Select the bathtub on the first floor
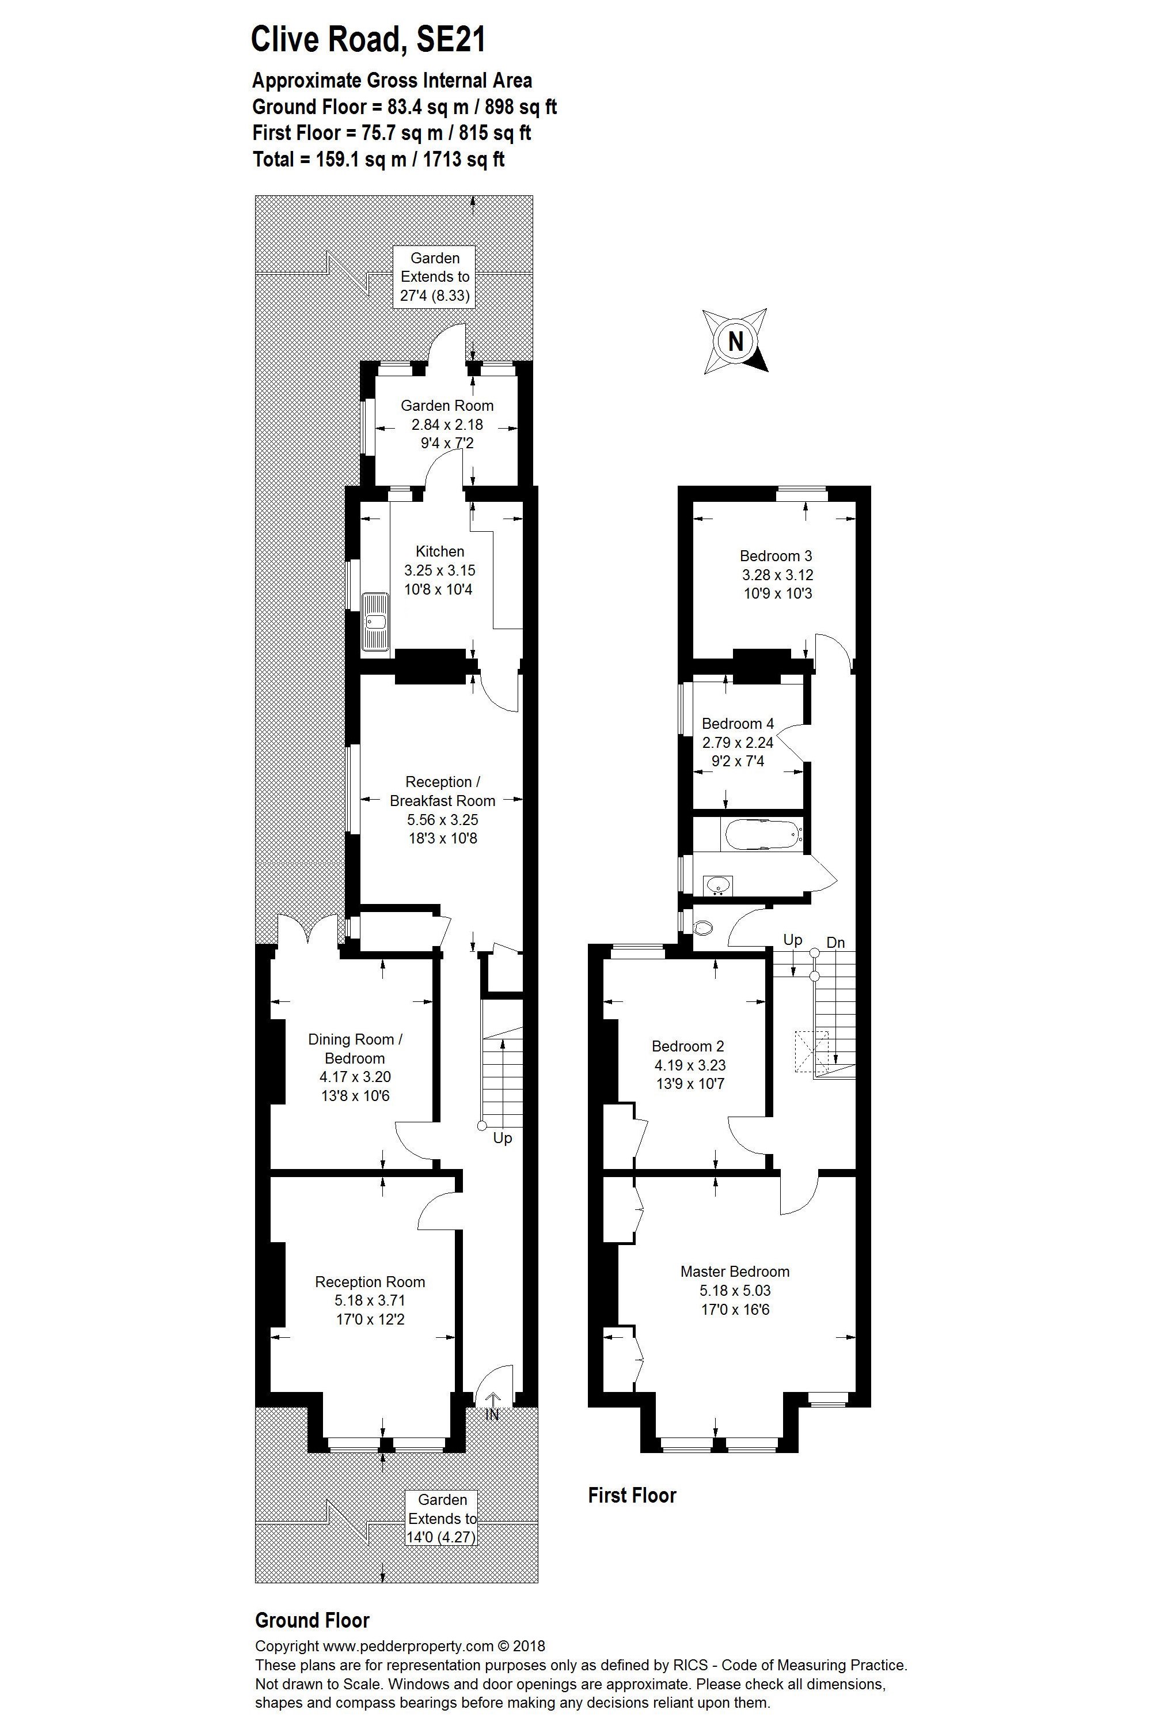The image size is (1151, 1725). tap(761, 835)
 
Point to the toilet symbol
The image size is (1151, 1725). tap(702, 928)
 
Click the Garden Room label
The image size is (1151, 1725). tap(447, 406)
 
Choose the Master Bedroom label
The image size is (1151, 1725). tap(735, 1271)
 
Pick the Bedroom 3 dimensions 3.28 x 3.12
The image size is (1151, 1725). tap(777, 575)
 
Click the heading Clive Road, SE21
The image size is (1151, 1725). tap(369, 39)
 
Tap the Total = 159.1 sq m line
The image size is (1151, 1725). tap(379, 160)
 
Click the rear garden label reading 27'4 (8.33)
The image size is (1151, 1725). tap(435, 296)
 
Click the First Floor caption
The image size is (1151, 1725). tap(632, 1495)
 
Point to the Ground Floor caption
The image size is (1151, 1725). tap(312, 1620)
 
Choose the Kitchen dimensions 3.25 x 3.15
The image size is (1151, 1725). tap(440, 570)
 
